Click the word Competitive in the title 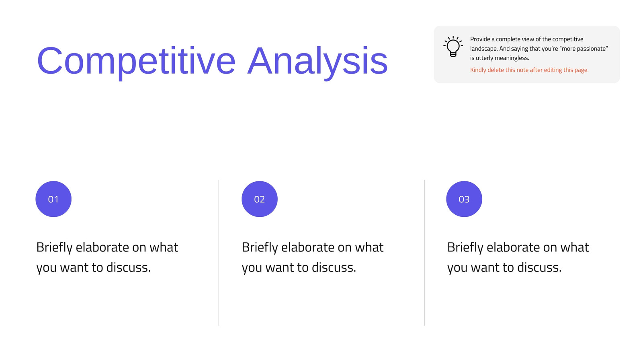click(x=136, y=61)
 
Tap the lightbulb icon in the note click(x=453, y=46)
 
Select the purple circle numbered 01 click(x=53, y=199)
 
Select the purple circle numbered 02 click(x=260, y=199)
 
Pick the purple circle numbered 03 click(x=464, y=199)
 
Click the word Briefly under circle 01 click(x=54, y=248)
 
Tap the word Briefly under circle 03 click(x=465, y=248)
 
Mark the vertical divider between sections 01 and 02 click(x=219, y=253)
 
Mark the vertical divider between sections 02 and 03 click(x=424, y=253)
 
